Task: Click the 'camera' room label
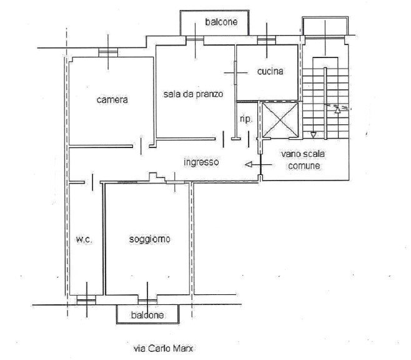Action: [x=112, y=99]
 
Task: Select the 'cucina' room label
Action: [x=270, y=71]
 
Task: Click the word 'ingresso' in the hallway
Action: [x=201, y=162]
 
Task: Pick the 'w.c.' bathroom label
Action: [x=84, y=239]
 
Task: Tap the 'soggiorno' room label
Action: [x=150, y=239]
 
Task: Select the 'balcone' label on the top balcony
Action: [x=220, y=24]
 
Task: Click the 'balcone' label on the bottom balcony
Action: [x=147, y=315]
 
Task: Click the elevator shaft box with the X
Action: [x=279, y=119]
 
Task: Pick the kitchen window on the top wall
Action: [x=270, y=41]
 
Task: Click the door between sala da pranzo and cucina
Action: [x=235, y=71]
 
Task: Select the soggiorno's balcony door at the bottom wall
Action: [x=147, y=297]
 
